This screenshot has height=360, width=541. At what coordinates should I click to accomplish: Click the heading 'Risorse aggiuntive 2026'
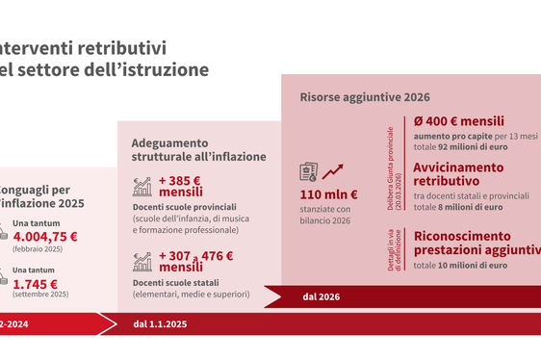pyautogui.click(x=365, y=97)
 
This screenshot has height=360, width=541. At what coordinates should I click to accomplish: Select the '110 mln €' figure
pyautogui.click(x=329, y=195)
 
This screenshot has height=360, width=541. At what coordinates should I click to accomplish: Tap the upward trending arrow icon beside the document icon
pyautogui.click(x=333, y=171)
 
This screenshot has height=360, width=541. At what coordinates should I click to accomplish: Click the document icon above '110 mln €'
pyautogui.click(x=309, y=171)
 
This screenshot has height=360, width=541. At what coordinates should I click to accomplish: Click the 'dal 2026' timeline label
pyautogui.click(x=321, y=296)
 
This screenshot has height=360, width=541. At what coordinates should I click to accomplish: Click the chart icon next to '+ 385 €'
pyautogui.click(x=142, y=186)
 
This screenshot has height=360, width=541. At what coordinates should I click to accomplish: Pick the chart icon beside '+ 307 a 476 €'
pyautogui.click(x=142, y=261)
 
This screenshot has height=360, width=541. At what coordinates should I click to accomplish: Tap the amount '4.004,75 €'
pyautogui.click(x=46, y=236)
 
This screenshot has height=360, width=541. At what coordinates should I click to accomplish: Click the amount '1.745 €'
pyautogui.click(x=36, y=283)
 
